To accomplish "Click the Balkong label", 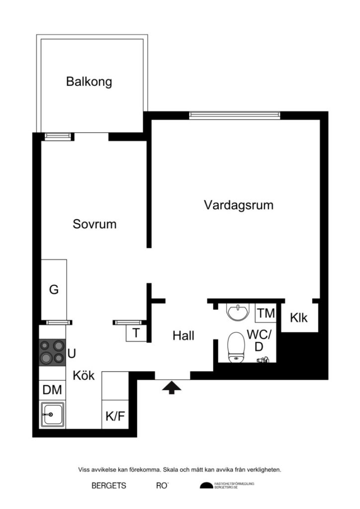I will (x=89, y=82).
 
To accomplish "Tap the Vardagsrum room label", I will (x=239, y=205).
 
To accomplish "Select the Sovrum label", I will (x=94, y=224).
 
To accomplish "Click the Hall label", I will (x=183, y=336).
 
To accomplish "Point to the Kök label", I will (x=84, y=375).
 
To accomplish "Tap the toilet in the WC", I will (x=236, y=346).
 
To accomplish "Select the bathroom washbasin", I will (x=238, y=312).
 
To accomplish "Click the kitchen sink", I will (x=52, y=414).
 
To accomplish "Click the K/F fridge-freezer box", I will (x=115, y=416).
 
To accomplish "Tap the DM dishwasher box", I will (x=52, y=390).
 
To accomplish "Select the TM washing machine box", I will (x=267, y=313).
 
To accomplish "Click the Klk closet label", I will (x=299, y=318).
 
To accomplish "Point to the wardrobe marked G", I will (x=54, y=290).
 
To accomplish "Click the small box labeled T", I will (x=136, y=334).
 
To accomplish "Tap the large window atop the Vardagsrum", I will (x=234, y=115).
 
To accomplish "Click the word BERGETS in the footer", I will (x=108, y=486).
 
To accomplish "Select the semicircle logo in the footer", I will (x=206, y=486).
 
